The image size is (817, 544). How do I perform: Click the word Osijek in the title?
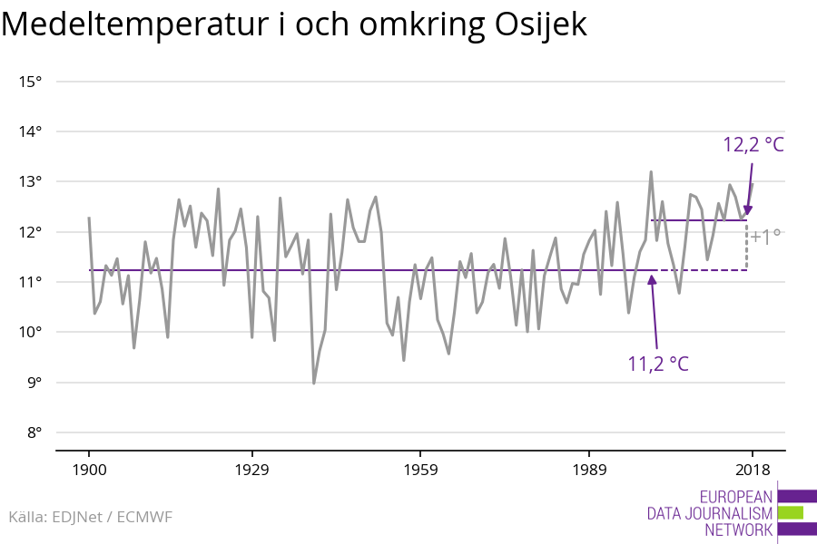(540, 25)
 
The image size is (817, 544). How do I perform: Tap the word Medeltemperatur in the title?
(131, 25)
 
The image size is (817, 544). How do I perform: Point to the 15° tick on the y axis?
(30, 82)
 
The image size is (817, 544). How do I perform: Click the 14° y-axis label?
(30, 131)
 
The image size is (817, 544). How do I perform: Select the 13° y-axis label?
(30, 182)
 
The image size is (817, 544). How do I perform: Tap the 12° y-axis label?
(30, 232)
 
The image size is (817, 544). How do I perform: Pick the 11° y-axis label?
(30, 282)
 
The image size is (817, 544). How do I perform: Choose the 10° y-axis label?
(30, 332)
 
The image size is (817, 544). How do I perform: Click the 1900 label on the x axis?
(88, 470)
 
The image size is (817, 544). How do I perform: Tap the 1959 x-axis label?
(419, 470)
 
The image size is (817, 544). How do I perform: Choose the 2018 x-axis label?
(752, 470)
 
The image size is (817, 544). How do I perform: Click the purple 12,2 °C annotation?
(753, 145)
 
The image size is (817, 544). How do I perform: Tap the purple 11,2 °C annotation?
(658, 364)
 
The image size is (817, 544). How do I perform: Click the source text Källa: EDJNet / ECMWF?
(90, 517)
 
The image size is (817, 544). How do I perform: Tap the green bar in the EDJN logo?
(791, 512)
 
